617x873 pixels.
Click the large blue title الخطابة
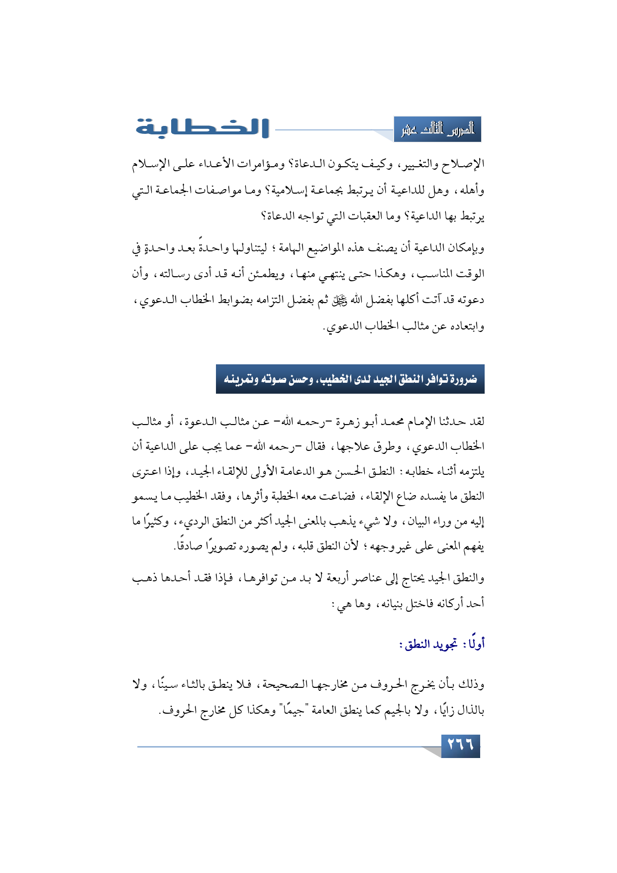203,128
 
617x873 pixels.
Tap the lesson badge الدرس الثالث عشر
437,130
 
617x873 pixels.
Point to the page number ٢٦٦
460,746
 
